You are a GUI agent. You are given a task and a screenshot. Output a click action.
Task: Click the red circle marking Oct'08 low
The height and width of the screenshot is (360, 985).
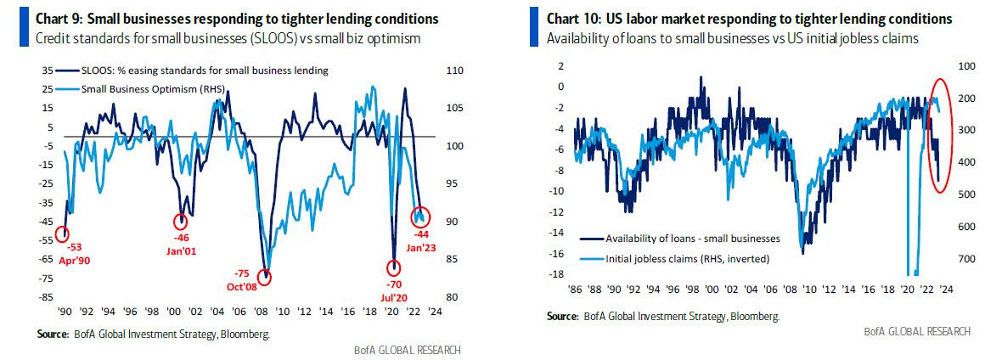pos(267,277)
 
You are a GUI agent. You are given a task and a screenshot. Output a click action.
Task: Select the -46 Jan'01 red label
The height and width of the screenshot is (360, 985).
pos(182,245)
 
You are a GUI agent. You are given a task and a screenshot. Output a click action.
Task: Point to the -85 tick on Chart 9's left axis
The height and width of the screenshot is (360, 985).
pos(50,297)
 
